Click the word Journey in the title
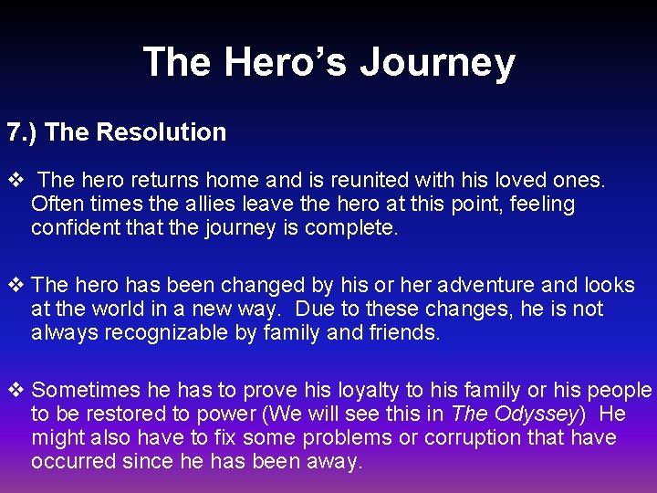pyautogui.click(x=437, y=63)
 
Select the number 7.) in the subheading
pyautogui.click(x=22, y=132)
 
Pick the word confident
pyautogui.click(x=77, y=228)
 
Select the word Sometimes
pyautogui.click(x=88, y=391)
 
